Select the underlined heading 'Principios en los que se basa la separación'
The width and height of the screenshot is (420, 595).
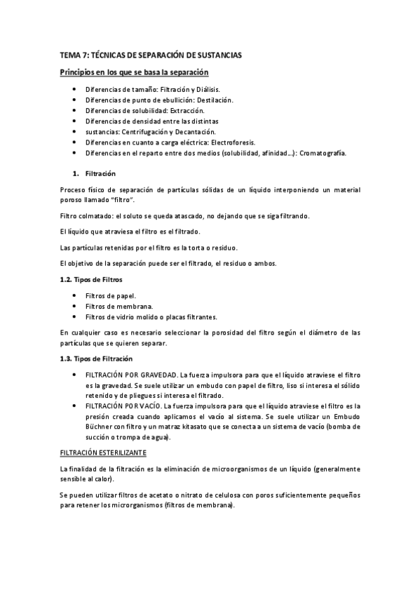pos(133,72)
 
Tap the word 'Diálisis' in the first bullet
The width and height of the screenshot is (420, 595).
pos(204,90)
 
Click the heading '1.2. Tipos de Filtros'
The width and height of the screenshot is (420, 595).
pos(95,279)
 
